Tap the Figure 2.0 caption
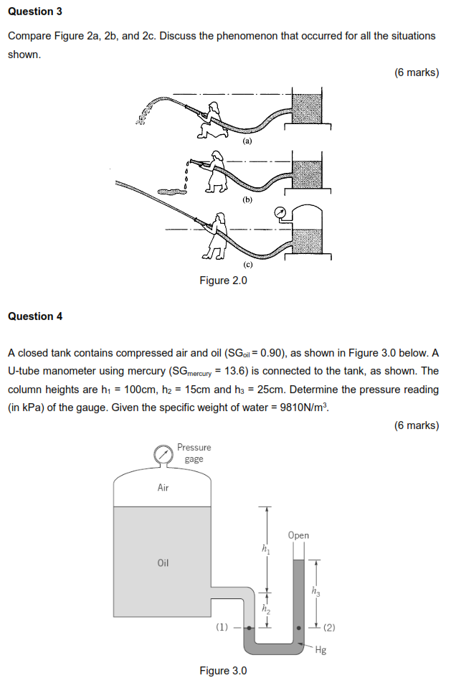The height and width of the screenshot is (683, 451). point(223,281)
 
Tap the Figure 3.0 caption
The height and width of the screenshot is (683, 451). point(223,671)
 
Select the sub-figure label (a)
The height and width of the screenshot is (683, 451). point(247,142)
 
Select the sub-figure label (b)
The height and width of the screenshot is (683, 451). point(247,200)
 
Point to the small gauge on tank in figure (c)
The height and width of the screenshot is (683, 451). point(280,212)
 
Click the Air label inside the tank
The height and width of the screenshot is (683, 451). point(163,488)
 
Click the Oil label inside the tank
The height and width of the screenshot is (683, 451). point(163,562)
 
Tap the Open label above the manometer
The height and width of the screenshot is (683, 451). point(298,535)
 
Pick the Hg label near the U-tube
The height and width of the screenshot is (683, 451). point(321,651)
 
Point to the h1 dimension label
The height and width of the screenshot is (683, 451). point(267,550)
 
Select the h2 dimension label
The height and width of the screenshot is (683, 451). point(266,610)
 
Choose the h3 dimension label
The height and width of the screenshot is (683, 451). point(316,592)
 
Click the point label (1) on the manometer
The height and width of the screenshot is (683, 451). point(222,626)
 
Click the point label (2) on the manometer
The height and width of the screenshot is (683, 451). point(328,628)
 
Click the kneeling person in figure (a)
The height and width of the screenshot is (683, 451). point(212,118)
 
